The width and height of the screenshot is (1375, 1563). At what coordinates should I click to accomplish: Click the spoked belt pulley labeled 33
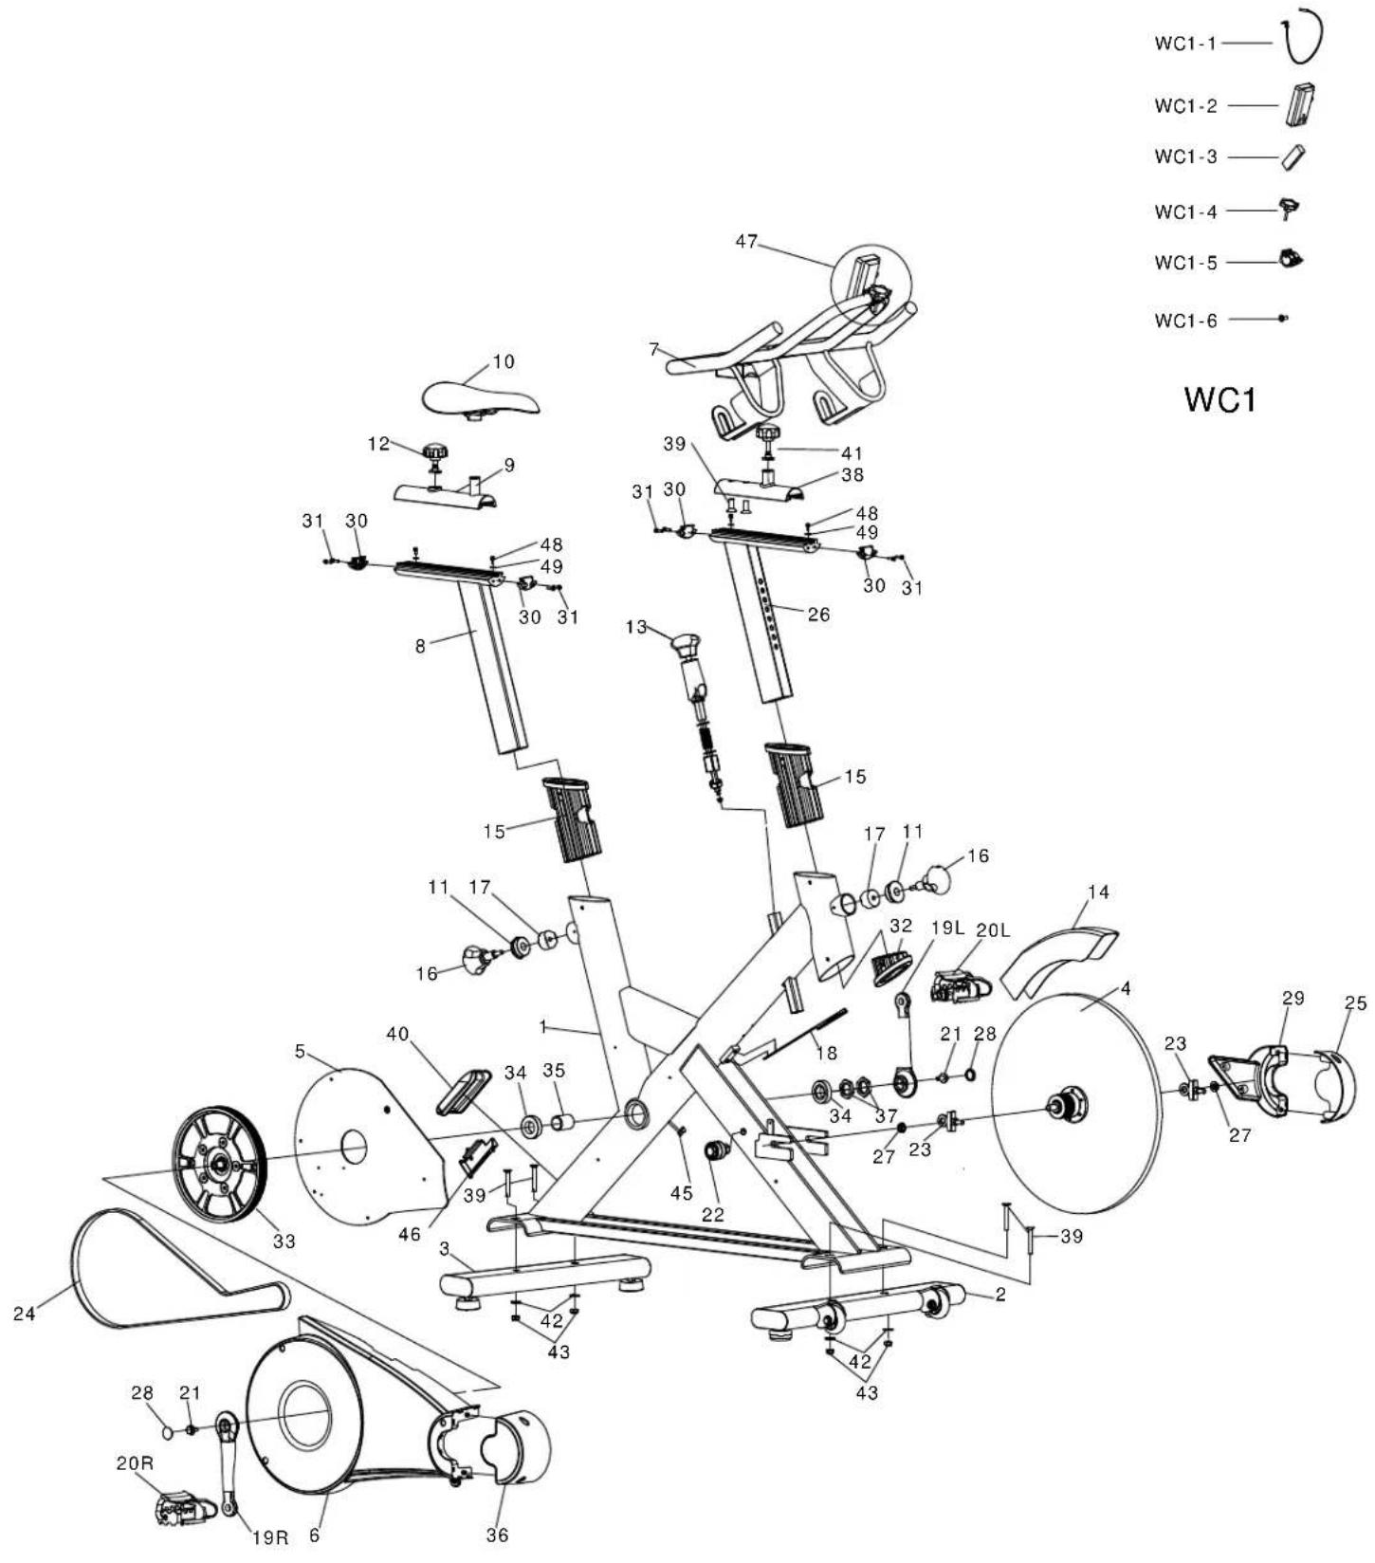coord(219,1164)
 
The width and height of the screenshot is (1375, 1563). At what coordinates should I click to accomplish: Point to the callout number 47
coord(747,241)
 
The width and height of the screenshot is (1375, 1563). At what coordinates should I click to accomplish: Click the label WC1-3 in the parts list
coord(1184,156)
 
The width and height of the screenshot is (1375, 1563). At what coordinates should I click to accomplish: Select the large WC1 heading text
coord(1220,399)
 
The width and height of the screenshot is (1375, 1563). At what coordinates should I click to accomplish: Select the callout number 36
coord(497,1535)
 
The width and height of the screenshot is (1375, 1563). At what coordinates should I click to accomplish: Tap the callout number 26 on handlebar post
coord(817,615)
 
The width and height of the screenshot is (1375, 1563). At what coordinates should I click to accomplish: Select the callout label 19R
coord(269,1537)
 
